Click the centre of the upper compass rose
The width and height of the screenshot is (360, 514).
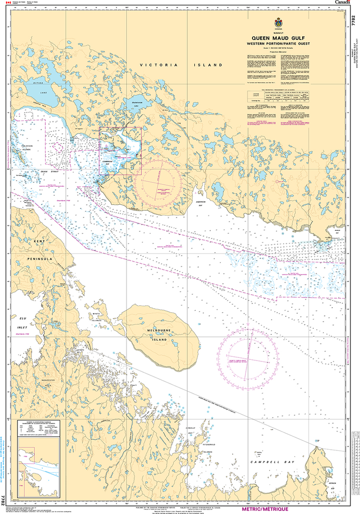click(157, 181)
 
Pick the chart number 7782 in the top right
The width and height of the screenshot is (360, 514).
click(353, 21)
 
